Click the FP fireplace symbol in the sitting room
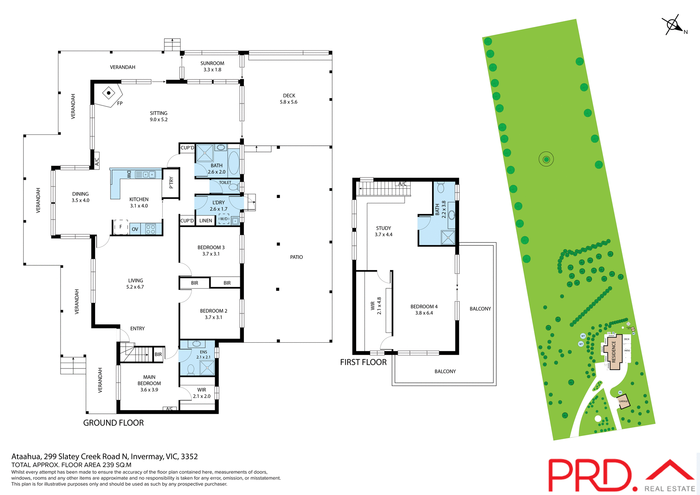(x=109, y=93)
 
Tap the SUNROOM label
(x=212, y=63)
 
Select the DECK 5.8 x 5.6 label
(x=289, y=99)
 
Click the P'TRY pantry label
(x=171, y=182)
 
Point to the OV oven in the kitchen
(x=135, y=229)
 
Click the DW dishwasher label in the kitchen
(x=129, y=174)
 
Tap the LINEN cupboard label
(x=206, y=221)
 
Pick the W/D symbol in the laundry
(x=224, y=219)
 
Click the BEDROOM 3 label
(x=211, y=247)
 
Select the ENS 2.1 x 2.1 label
(x=203, y=355)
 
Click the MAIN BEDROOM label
(x=149, y=380)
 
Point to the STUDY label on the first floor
(x=384, y=228)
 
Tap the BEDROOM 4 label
(x=424, y=307)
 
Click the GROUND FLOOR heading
(x=113, y=423)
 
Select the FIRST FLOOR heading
(x=363, y=362)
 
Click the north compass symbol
(x=673, y=25)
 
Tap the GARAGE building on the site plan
(x=623, y=401)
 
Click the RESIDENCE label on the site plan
(x=614, y=352)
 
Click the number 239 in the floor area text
(x=109, y=465)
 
